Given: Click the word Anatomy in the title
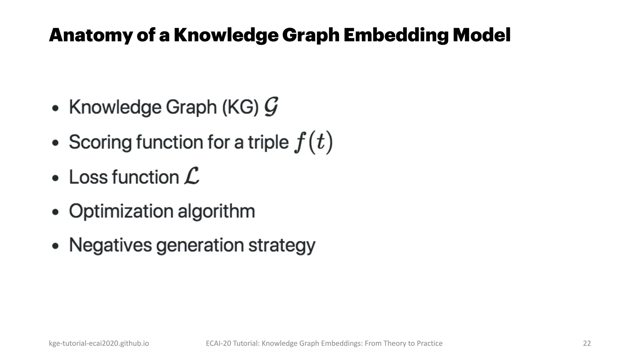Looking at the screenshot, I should (91, 35).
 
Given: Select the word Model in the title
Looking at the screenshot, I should (482, 35).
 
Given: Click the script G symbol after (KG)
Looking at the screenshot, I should (271, 107).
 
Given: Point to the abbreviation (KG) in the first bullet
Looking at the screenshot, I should (240, 107).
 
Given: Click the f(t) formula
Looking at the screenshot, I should (313, 142).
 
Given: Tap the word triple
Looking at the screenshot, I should (268, 142).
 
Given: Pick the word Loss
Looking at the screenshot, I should (88, 177).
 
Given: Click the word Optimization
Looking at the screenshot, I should (121, 211).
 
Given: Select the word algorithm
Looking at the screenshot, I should (216, 211).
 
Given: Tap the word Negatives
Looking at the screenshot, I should (110, 245).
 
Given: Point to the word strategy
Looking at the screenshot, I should (282, 246).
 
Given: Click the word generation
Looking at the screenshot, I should (200, 246).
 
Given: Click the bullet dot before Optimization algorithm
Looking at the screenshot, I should (55, 212).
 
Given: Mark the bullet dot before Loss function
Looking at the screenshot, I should (55, 178).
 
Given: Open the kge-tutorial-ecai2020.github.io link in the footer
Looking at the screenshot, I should (99, 343).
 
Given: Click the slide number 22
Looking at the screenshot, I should (587, 343).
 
